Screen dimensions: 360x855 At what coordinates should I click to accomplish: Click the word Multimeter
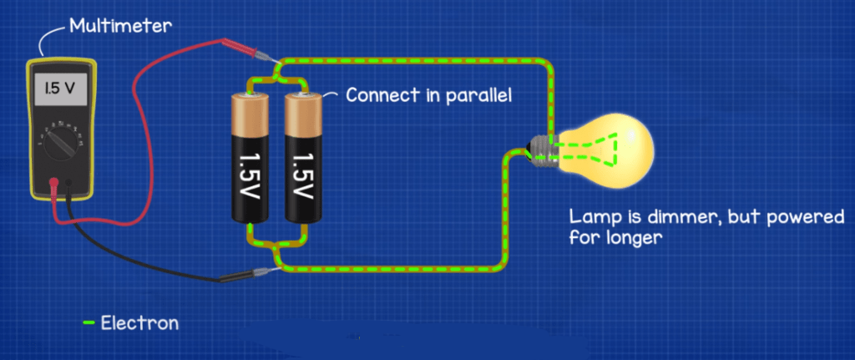point(121,25)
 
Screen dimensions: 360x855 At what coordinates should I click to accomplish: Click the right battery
point(301,159)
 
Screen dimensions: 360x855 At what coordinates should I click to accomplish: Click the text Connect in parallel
point(428,94)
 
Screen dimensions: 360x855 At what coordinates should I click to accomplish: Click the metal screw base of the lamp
point(544,151)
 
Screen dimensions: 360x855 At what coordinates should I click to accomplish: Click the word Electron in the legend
point(139,322)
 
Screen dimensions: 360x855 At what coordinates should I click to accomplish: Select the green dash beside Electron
point(89,322)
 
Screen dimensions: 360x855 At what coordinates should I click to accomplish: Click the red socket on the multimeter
point(54,181)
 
